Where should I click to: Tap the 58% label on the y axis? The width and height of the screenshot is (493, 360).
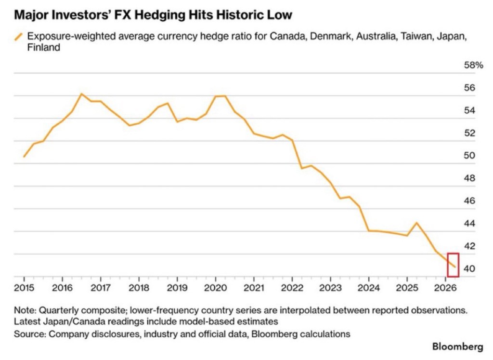tap(473, 65)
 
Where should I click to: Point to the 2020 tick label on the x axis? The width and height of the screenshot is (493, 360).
tap(215, 288)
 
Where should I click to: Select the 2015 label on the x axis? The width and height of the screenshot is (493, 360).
tap(24, 288)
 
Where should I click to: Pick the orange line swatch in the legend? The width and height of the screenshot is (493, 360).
tap(19, 37)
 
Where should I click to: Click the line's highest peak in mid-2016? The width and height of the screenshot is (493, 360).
tap(81, 93)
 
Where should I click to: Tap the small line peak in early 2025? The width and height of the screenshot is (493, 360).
tap(416, 223)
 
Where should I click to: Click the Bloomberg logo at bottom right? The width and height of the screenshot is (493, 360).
tap(457, 347)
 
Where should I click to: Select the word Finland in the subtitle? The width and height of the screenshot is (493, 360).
tap(43, 48)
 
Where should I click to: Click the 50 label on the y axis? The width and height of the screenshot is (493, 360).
tap(469, 156)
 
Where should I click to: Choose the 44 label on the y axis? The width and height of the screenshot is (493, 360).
tap(469, 224)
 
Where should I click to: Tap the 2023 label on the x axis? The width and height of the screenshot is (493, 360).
tap(330, 288)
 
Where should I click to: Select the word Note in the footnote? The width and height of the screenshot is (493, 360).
tap(25, 310)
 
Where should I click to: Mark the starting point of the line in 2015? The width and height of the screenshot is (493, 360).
tap(24, 157)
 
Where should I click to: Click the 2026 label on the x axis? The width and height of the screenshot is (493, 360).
tap(445, 288)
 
